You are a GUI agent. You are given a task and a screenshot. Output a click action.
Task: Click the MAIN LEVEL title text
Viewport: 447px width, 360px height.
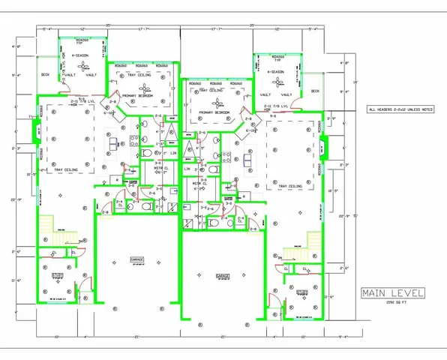[x=393, y=292]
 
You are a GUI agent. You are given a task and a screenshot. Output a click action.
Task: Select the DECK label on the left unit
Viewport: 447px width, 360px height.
[x=45, y=74]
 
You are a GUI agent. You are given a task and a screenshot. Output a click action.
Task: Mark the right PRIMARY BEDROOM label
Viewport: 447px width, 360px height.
[x=213, y=112]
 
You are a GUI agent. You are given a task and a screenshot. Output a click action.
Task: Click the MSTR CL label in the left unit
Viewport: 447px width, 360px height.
[x=159, y=168]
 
